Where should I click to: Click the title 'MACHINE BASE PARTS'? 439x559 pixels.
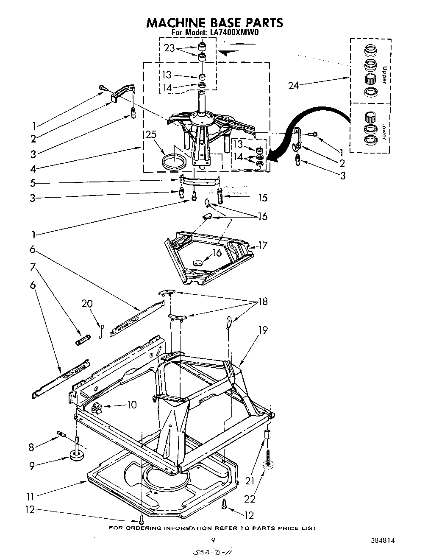[x=214, y=22]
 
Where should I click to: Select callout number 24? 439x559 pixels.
[x=294, y=86]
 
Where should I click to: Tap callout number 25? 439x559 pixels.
[x=150, y=135]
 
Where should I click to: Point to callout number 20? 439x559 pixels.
[x=87, y=304]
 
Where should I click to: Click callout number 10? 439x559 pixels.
[x=132, y=405]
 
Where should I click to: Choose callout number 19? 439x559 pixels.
[x=263, y=330]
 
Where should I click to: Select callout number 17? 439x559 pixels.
[x=263, y=245]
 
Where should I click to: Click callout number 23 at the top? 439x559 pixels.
[x=169, y=48]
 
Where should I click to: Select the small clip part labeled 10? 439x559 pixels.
[x=97, y=407]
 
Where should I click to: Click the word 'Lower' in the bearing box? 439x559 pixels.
[x=384, y=131]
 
